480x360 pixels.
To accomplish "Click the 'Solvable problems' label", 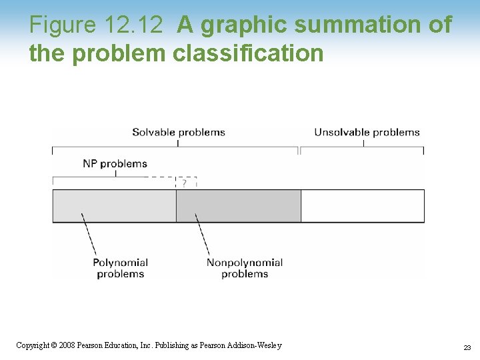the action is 178,132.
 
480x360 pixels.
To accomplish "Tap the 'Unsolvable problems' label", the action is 367,132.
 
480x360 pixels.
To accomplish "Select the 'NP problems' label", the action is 115,163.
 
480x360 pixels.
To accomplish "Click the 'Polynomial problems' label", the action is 120,268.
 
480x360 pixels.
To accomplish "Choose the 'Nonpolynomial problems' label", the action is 244,268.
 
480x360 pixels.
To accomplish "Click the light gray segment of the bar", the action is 114,205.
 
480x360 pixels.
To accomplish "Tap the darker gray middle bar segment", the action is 238,205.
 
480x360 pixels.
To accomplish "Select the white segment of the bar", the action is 362,205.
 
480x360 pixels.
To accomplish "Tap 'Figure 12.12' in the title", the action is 96,25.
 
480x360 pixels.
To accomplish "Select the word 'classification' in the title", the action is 247,53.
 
